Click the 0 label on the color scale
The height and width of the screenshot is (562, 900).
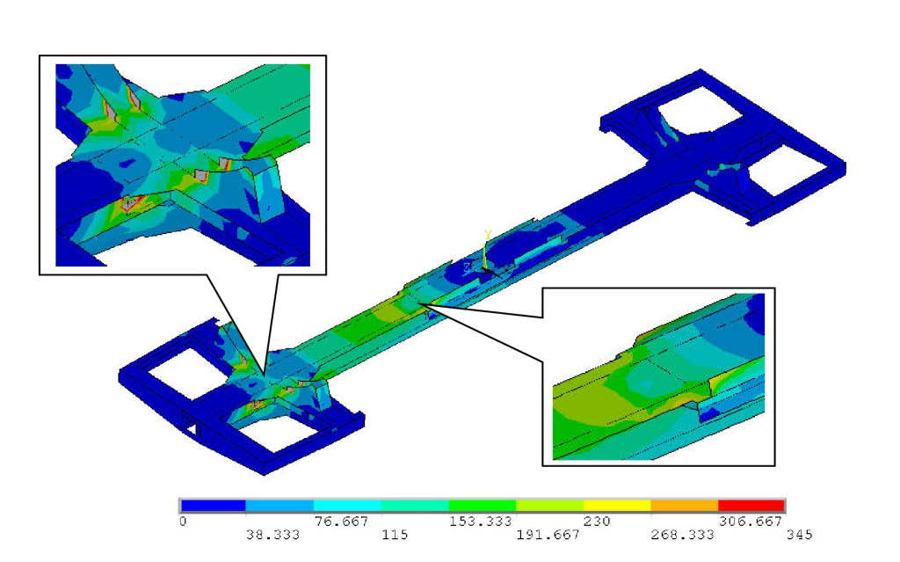[x=183, y=522]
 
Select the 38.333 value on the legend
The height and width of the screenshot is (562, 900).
[x=272, y=535]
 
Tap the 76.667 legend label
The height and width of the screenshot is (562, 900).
[x=341, y=522]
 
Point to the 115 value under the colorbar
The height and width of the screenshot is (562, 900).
[x=395, y=535]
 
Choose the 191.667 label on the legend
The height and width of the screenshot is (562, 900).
[x=548, y=535]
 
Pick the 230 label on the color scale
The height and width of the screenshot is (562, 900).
[x=597, y=522]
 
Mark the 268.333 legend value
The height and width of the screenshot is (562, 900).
[x=682, y=535]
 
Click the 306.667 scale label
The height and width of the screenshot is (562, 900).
[x=751, y=522]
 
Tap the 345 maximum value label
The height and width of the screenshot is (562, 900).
[x=799, y=535]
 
